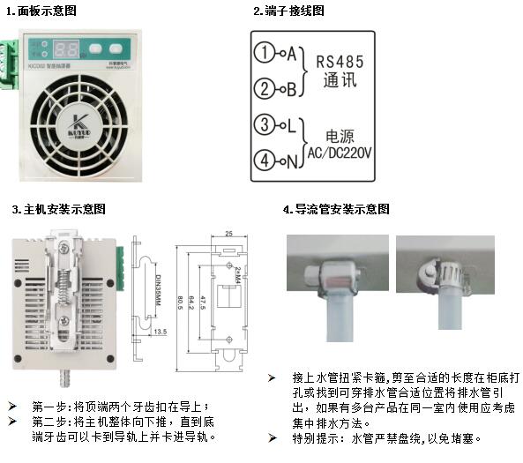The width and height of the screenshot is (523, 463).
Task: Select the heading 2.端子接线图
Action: pyautogui.click(x=288, y=11)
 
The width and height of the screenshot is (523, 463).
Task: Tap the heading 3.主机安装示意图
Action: pyautogui.click(x=58, y=209)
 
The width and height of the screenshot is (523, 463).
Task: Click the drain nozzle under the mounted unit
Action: pyautogui.click(x=61, y=381)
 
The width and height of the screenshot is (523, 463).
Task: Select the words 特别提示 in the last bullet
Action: pyautogui.click(x=303, y=438)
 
